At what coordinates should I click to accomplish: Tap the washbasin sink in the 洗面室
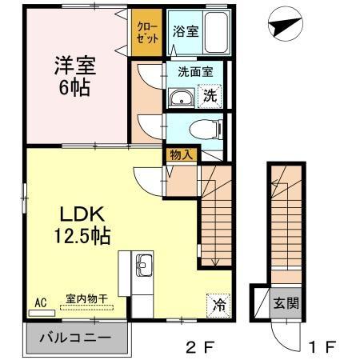click(x=180, y=98)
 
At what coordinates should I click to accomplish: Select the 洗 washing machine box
click(x=209, y=95)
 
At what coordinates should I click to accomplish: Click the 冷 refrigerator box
click(x=218, y=303)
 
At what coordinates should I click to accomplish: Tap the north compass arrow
click(x=285, y=27)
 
